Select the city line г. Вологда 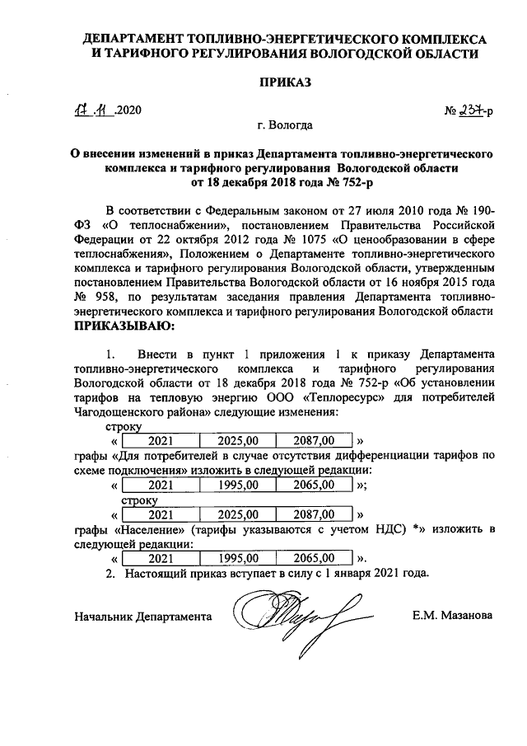284,126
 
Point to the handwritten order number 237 471,111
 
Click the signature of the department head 284,614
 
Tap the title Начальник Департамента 142,616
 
